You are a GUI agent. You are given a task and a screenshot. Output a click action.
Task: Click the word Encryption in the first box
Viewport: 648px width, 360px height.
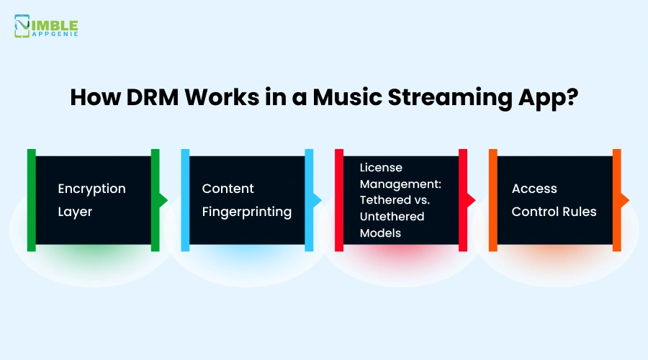click(91, 189)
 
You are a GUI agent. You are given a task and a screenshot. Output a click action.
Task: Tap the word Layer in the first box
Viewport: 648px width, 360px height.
click(75, 212)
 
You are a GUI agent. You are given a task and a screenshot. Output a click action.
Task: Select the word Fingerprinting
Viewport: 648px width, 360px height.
click(247, 212)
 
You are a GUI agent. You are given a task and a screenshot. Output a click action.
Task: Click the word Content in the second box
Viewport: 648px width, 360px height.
click(228, 189)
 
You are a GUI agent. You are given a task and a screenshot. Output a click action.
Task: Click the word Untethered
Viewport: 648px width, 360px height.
click(392, 217)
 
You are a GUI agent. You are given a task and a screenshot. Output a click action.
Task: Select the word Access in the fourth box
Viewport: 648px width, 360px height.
click(534, 189)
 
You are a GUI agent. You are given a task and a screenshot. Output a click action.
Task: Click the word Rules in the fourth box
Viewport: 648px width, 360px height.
click(580, 212)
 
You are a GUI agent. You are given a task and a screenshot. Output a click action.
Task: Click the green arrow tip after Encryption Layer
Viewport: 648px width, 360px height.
click(163, 200)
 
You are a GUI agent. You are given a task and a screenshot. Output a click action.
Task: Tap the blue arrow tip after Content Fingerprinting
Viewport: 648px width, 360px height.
click(318, 200)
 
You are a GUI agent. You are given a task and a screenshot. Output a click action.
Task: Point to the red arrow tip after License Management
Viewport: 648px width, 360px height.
click(472, 200)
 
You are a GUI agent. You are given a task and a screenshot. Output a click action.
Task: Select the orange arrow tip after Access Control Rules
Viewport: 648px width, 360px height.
click(625, 200)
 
